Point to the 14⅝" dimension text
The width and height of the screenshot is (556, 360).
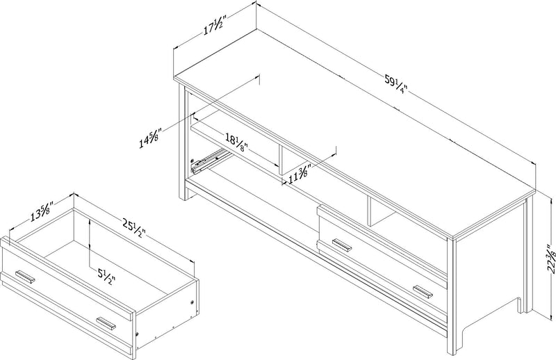[x=150, y=138]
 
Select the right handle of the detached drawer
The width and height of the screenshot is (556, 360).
[x=106, y=323]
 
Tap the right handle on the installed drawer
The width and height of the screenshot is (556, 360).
[x=423, y=288]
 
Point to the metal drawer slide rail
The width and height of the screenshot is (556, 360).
[x=208, y=161]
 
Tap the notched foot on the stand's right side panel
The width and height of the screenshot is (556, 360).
[x=520, y=304]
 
